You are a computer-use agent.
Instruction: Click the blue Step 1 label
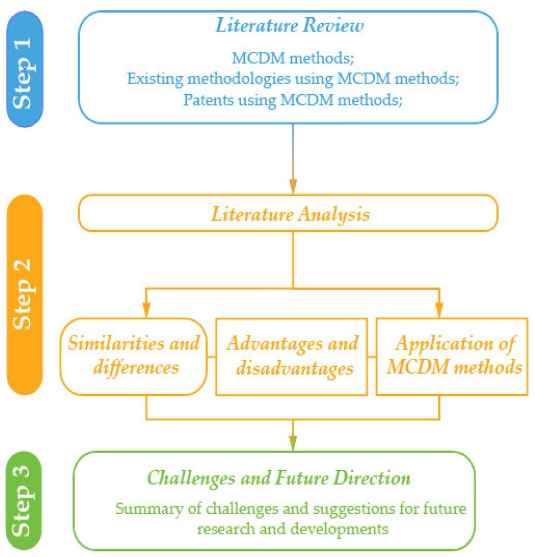(24, 70)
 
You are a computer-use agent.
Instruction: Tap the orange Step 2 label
(24, 294)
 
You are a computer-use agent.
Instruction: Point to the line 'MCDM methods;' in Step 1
(293, 58)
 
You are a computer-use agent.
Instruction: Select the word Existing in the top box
(155, 78)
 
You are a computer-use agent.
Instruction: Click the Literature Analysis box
(288, 214)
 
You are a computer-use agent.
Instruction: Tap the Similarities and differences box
(134, 356)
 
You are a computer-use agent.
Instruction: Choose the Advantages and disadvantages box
(292, 356)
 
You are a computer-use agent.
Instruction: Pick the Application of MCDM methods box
(451, 356)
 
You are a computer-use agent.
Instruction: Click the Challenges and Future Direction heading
(279, 478)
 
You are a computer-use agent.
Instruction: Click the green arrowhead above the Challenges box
(293, 443)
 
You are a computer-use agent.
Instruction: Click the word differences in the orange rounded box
(136, 367)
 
